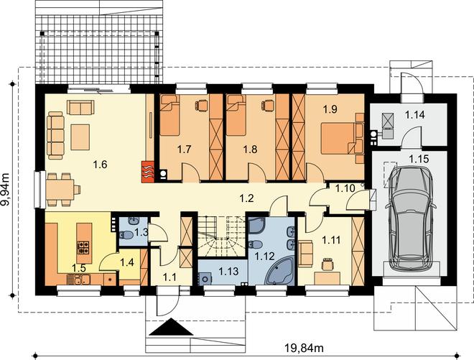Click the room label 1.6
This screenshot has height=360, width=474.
(100, 165)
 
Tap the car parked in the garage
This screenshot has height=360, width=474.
(410, 218)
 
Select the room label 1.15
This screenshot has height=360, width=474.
(419, 159)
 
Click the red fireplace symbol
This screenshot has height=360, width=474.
(148, 172)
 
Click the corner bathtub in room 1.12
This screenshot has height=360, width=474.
(279, 270)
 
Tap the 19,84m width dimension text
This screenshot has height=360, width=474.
(304, 349)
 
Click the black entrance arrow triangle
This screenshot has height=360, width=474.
(171, 327)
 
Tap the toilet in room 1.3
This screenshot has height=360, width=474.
(126, 235)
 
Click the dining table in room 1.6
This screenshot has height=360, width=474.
(60, 190)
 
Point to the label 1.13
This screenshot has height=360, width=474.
(228, 271)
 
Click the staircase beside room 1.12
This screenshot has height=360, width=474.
(222, 236)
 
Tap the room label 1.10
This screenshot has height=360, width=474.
(345, 188)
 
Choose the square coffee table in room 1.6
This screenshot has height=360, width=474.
(80, 137)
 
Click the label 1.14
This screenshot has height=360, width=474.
(415, 115)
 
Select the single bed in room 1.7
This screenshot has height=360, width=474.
(169, 115)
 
